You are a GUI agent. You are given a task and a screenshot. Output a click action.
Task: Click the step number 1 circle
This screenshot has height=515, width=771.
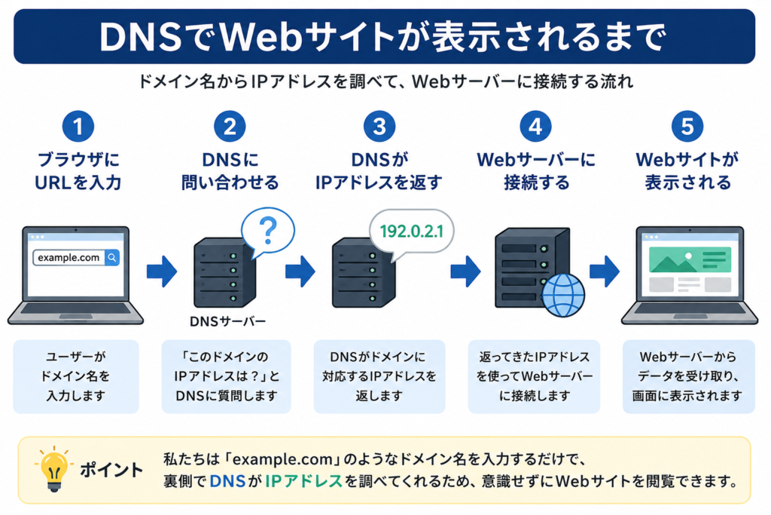click(78, 127)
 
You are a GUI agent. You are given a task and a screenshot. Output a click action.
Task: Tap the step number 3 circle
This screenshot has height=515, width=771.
click(379, 127)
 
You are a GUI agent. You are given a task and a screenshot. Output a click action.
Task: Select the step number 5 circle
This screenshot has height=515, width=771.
click(687, 127)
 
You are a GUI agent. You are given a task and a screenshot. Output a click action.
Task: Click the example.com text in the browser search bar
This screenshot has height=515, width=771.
click(69, 258)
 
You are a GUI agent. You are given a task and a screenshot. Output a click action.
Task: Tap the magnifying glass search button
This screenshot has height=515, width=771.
click(112, 258)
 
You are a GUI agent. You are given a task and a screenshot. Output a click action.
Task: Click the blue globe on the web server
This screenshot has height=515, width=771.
click(563, 295)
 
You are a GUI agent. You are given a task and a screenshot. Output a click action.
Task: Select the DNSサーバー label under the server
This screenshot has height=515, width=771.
click(227, 321)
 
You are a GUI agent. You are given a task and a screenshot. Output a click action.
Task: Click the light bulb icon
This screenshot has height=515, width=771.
click(53, 469)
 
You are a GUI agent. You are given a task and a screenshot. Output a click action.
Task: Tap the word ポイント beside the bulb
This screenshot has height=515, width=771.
click(111, 470)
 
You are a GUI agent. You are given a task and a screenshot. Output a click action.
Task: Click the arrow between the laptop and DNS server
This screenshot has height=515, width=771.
click(162, 271)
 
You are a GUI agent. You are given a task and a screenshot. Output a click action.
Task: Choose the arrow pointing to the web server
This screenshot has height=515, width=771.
click(465, 271)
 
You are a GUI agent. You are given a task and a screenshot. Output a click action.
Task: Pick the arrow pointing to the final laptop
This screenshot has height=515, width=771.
click(605, 271)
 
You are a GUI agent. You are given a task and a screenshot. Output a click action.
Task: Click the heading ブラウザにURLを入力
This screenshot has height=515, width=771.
click(78, 171)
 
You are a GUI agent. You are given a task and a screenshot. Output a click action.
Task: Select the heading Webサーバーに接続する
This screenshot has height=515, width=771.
click(536, 171)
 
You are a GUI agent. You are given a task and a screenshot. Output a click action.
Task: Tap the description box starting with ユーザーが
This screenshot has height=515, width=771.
click(76, 376)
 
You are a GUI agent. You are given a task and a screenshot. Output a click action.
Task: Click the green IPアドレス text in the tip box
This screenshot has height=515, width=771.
click(303, 481)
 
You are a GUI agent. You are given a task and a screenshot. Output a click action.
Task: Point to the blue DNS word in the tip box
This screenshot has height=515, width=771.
click(227, 481)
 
